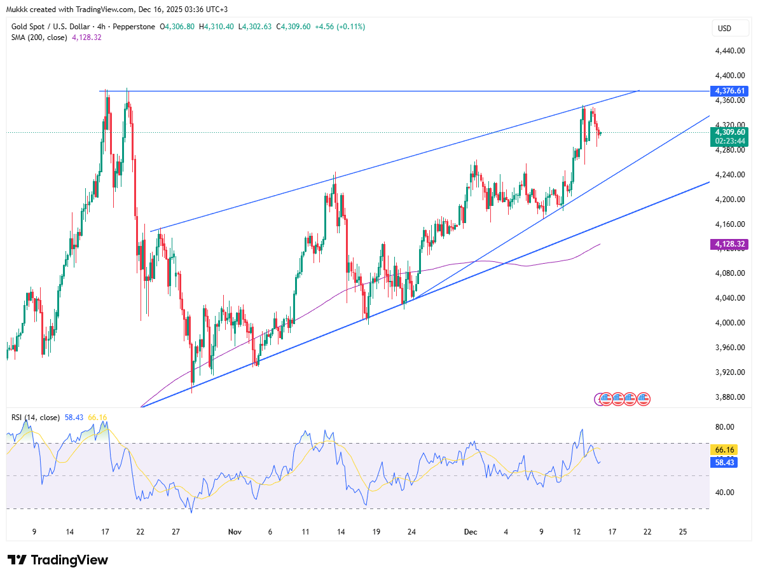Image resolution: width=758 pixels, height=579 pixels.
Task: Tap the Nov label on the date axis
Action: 235,532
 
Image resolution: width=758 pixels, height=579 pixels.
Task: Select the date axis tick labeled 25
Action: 683,532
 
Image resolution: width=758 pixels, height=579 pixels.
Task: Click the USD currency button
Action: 724,28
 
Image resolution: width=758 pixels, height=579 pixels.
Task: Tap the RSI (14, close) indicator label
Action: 36,418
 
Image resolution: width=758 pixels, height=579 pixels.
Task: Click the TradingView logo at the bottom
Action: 58,560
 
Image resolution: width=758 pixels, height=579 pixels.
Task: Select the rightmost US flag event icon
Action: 644,398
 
